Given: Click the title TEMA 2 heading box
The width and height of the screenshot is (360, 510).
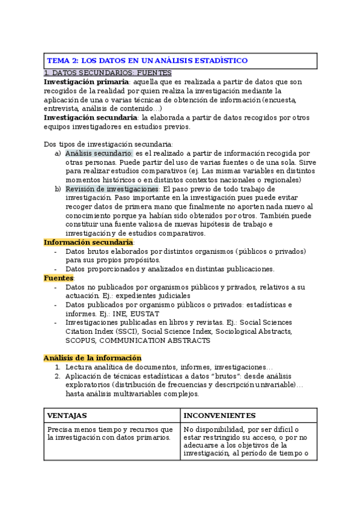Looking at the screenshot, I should click(180, 61).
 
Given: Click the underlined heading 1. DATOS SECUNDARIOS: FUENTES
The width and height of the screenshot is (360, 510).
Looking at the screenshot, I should click(108, 73).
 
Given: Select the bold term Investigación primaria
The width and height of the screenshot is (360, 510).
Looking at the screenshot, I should click(86, 82).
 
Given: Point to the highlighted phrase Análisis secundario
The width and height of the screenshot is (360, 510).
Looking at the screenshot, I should click(99, 153).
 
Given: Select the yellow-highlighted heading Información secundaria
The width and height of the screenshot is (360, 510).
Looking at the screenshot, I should click(88, 242).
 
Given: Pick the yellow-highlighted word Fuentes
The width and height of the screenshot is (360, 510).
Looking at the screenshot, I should click(58, 278).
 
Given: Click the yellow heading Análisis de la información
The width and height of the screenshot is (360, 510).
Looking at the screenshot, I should click(92, 358).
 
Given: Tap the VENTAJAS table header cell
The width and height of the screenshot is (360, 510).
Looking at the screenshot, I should click(67, 416).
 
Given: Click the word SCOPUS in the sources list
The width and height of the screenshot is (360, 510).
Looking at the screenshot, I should click(81, 340).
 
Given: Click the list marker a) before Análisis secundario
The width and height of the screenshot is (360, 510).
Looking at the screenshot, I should click(58, 153).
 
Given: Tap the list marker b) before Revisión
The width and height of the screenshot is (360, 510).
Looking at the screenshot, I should click(58, 189).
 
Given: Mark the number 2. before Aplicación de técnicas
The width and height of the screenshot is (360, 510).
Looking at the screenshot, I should click(58, 376).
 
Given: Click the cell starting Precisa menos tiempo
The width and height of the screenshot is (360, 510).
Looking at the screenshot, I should click(112, 434).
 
